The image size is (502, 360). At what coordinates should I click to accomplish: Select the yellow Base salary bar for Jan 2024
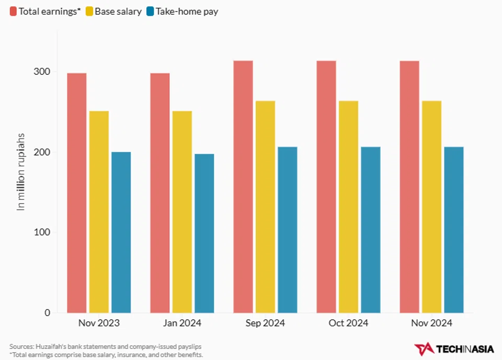coord(182,212)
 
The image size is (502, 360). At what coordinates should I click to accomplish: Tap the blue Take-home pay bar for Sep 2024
coord(287,230)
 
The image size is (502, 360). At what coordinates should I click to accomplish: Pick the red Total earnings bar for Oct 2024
coord(326,187)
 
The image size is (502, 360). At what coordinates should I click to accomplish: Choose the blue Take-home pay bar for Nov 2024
coord(453,230)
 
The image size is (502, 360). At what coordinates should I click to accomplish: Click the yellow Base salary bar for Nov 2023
coord(99,212)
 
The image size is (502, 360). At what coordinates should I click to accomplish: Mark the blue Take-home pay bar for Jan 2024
coord(204,233)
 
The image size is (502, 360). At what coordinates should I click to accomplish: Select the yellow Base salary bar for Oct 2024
coord(348,207)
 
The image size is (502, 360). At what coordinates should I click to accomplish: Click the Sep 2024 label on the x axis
coord(265,323)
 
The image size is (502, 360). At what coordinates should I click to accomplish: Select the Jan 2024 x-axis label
coord(182,323)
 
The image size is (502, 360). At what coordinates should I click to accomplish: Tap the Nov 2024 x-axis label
coord(432,323)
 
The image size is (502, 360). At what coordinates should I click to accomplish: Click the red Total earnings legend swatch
coord(13,11)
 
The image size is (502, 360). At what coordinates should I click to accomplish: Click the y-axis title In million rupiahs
coord(21,172)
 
